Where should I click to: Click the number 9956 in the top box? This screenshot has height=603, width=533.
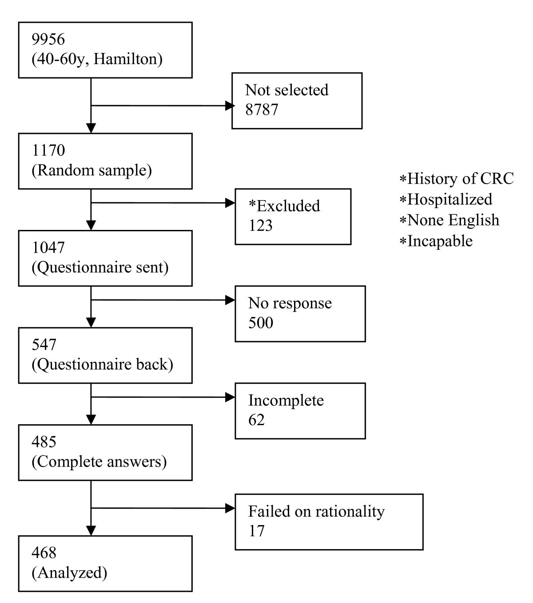pos(48,40)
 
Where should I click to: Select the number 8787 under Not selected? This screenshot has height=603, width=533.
pos(262,110)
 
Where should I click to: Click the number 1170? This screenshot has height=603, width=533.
pos(48,151)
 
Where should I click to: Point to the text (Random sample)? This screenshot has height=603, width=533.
pos(91,170)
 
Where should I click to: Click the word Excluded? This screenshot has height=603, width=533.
pos(288,206)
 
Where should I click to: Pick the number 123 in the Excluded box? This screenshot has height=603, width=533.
pos(260,226)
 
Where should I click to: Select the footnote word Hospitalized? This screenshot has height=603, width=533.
pos(449,199)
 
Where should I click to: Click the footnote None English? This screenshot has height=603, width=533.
pos(453,220)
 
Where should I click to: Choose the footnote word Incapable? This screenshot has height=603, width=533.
pos(440,241)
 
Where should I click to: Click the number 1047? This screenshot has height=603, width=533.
pos(48,248)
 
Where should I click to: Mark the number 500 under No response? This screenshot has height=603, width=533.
pos(260,323)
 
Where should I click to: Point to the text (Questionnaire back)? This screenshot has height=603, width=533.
pos(102,364)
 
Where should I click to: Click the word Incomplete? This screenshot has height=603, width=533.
pos(286,400)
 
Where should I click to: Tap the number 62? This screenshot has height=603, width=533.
pos(256,420)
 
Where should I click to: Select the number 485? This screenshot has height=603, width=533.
pos(44,442)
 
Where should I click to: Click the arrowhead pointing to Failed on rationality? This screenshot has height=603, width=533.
pos(230,508)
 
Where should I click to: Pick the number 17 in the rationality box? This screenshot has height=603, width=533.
pos(256,531)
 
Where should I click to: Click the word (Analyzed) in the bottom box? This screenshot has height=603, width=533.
pos(69,573)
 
